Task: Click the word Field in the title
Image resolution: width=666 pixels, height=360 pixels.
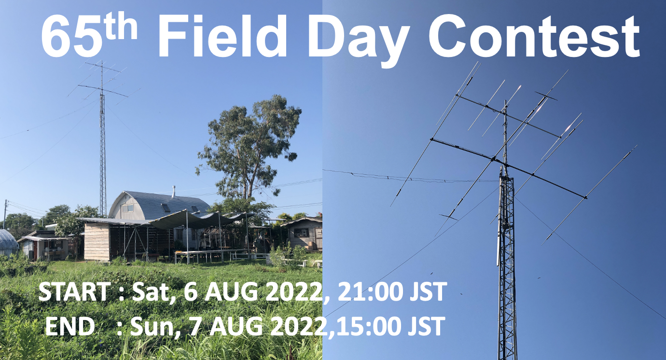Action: [x=222, y=36]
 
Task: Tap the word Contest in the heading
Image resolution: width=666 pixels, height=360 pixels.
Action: [x=534, y=36]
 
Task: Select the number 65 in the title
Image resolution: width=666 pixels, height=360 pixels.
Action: [x=70, y=37]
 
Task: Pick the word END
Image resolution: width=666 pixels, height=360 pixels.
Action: [x=69, y=326]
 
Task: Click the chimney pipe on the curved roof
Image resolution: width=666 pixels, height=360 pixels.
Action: [x=174, y=193]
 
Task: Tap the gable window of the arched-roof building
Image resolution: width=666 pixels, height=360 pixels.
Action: [x=127, y=208]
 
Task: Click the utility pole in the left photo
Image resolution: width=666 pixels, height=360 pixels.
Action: [x=5, y=214]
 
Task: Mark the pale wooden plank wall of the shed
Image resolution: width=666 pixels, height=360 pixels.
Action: [x=97, y=241]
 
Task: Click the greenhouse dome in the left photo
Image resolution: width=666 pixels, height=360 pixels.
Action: [x=7, y=242]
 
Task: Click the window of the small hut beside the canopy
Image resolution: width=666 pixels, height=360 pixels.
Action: [x=301, y=233]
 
